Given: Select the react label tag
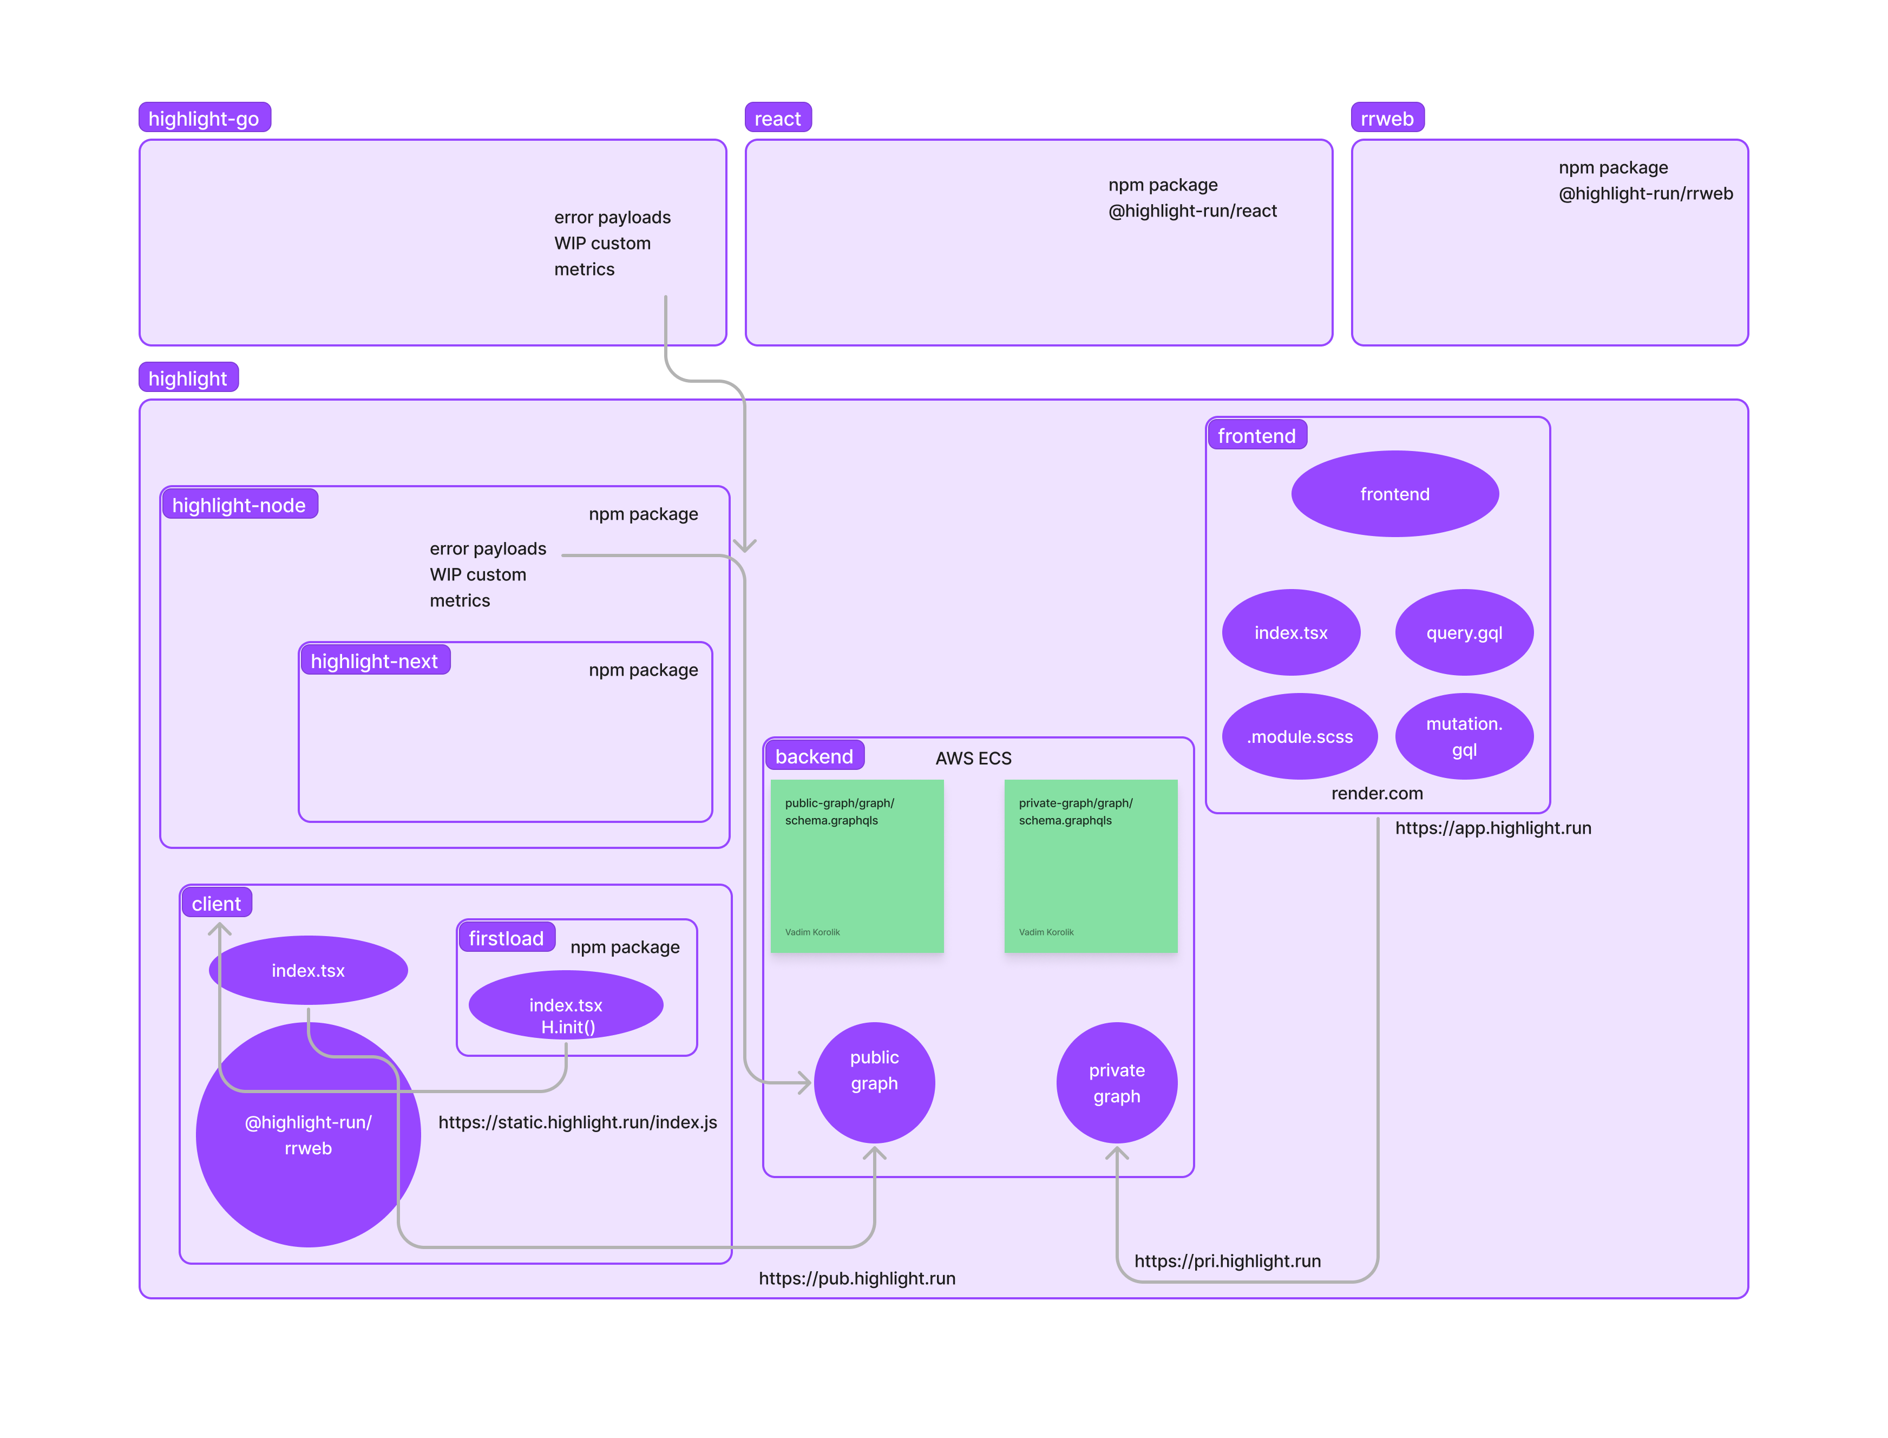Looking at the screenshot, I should (x=777, y=118).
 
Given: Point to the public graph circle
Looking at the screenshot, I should (x=874, y=1083).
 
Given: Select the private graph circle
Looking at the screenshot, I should (x=1116, y=1083).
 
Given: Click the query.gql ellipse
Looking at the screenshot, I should (x=1464, y=632).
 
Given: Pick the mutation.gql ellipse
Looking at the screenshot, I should (x=1464, y=736).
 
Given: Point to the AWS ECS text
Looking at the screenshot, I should (x=973, y=759).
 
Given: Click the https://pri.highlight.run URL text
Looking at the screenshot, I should (x=1227, y=1261).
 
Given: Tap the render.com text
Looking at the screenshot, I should (x=1377, y=794).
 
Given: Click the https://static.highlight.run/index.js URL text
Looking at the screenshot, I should (x=578, y=1122).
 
